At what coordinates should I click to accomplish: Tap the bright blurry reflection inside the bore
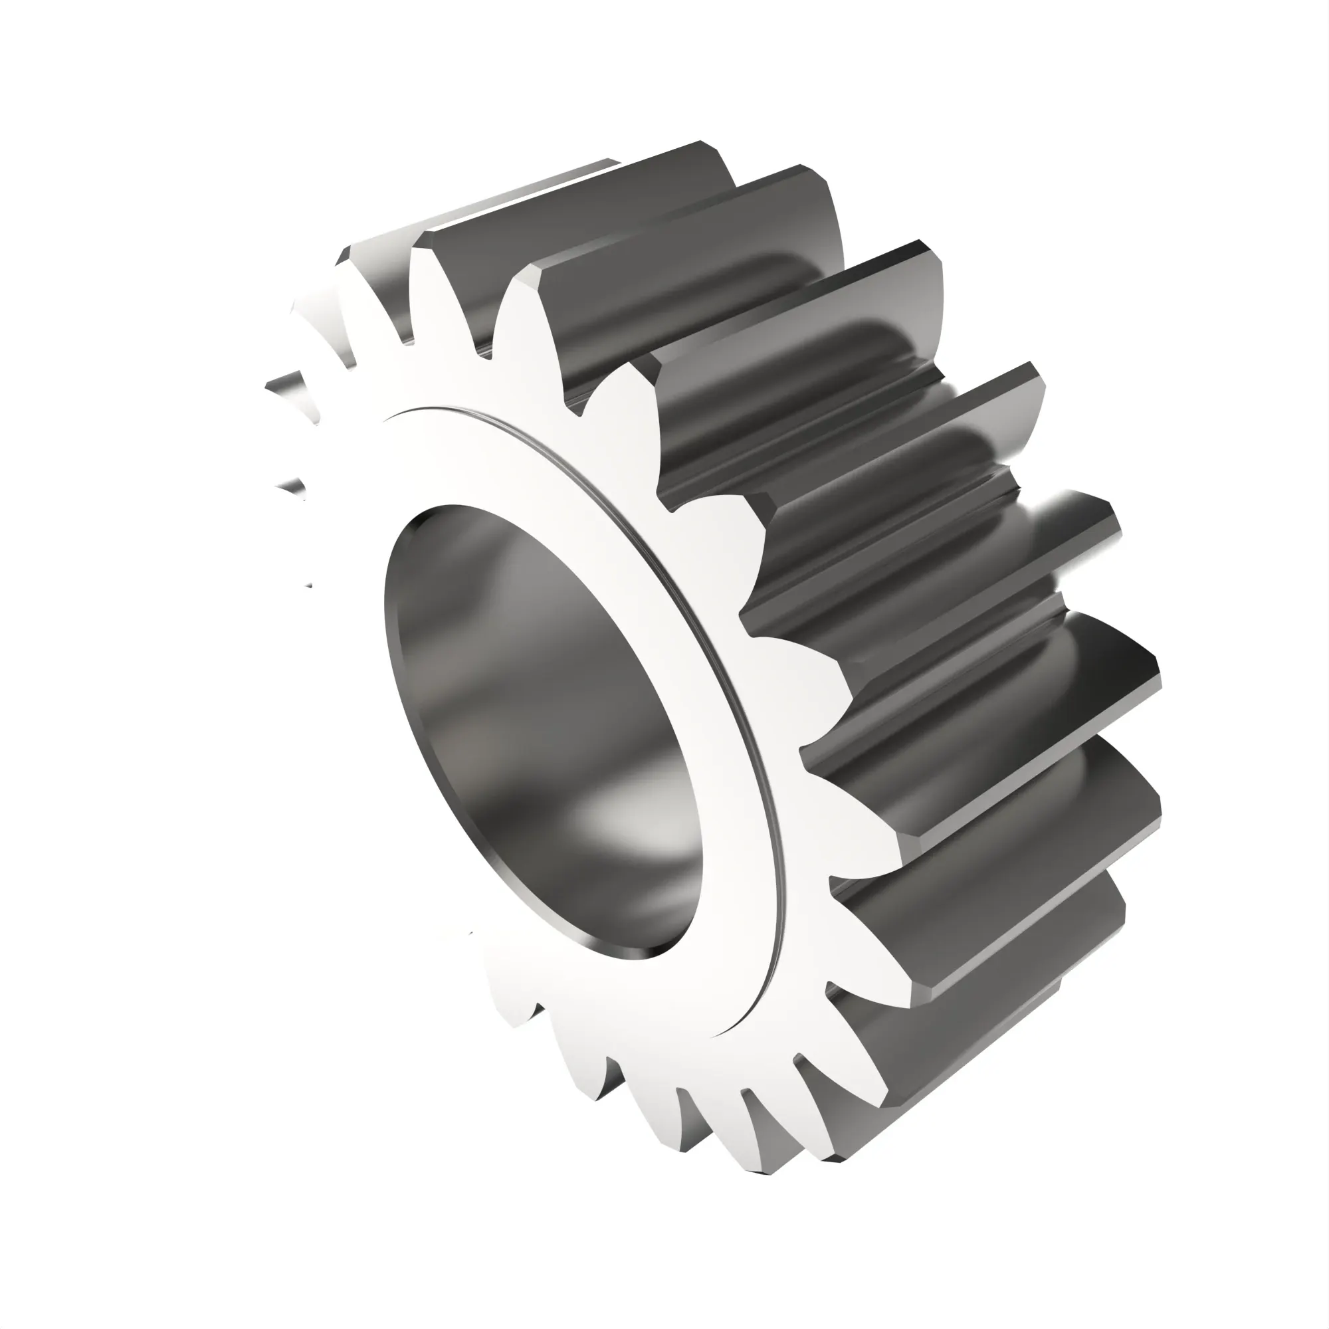619,819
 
